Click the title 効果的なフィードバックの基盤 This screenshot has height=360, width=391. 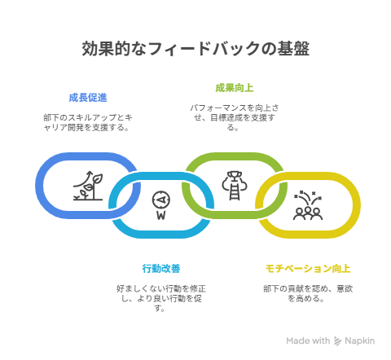pos(195,49)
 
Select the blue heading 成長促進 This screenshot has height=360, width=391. pos(88,98)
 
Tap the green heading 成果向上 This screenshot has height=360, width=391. pos(235,88)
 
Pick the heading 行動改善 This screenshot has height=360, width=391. pos(161,269)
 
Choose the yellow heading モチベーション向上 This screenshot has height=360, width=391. pos(308,269)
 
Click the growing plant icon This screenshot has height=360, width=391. pos(88,186)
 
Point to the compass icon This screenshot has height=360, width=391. pos(161,205)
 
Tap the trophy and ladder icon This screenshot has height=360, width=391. pos(235,186)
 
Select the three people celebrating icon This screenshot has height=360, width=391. pos(308,205)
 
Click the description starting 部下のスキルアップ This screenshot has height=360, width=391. pos(88,122)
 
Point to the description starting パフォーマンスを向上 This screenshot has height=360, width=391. pos(235,117)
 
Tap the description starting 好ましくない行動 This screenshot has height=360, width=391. pos(161,298)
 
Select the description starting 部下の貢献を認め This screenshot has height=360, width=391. pos(308,293)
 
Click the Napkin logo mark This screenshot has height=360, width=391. pos(337,341)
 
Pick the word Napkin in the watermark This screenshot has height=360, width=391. pos(359,340)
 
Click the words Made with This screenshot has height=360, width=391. pos(308,340)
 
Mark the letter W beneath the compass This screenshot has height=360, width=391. pos(161,216)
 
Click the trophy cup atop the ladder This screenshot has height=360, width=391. pos(235,175)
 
